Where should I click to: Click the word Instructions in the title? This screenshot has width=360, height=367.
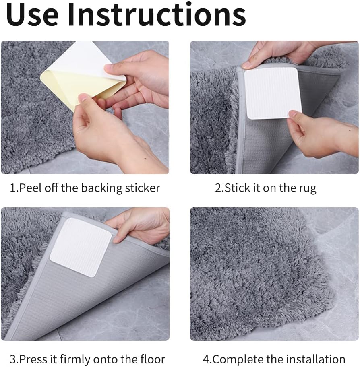click(157, 14)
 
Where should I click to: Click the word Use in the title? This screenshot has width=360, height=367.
click(33, 14)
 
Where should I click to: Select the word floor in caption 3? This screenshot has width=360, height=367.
click(153, 359)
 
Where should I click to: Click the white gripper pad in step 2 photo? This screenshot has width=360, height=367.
click(272, 93)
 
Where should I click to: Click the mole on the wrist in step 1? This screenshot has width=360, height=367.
click(145, 158)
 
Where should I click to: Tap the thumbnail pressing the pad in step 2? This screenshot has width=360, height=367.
click(292, 114)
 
